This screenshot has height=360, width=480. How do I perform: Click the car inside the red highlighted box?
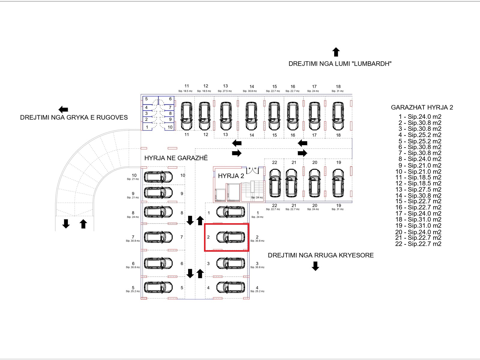click(x=231, y=237)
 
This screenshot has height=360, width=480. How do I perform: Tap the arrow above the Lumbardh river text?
click(x=336, y=52)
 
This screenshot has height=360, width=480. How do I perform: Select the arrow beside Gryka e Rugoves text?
click(x=63, y=109)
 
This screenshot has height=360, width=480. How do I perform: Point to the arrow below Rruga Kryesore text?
click(x=315, y=266)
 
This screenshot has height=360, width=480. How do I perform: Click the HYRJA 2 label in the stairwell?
click(x=231, y=176)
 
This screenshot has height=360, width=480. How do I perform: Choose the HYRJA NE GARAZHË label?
click(x=176, y=158)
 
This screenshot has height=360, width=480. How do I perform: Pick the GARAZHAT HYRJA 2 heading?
click(x=422, y=107)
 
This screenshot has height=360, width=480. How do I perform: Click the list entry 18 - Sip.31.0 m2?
click(x=418, y=220)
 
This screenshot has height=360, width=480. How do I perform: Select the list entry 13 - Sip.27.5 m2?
click(x=418, y=190)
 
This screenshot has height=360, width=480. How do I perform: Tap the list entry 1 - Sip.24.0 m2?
click(x=420, y=117)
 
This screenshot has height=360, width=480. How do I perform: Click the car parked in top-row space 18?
click(x=338, y=116)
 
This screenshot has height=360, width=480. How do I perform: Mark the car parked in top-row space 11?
click(x=187, y=116)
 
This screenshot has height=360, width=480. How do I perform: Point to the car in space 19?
click(x=338, y=183)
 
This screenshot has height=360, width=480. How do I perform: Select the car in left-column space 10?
click(x=158, y=177)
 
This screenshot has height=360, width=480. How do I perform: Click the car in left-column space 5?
click(x=158, y=287)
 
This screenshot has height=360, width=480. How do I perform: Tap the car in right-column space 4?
click(x=231, y=287)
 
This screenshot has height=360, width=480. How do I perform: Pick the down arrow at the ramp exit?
click(x=66, y=223)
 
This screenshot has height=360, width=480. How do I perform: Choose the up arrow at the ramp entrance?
click(x=83, y=224)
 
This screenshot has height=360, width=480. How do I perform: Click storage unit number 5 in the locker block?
click(x=146, y=99)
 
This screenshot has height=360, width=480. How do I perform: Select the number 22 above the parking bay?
click(x=274, y=163)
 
